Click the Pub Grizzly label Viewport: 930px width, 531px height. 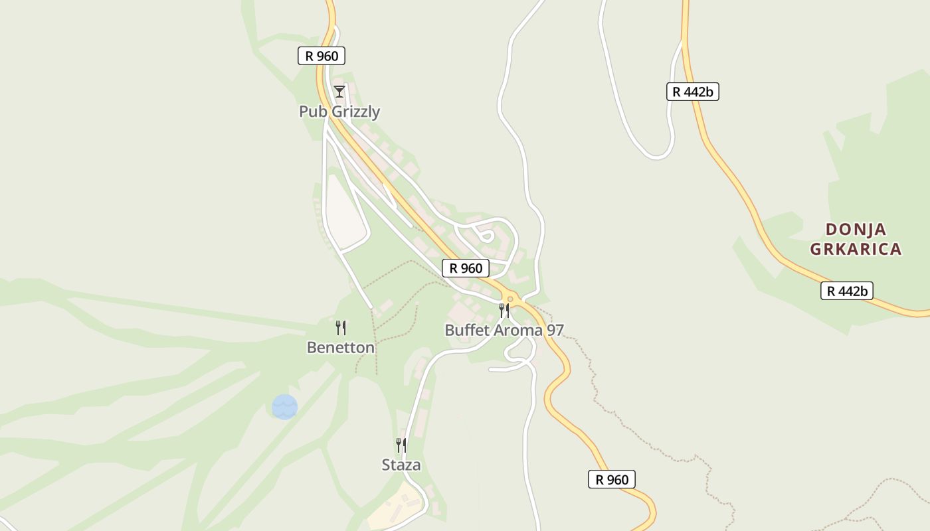coord(339,112)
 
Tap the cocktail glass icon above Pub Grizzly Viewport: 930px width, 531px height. coord(339,91)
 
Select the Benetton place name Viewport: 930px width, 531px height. coord(341,347)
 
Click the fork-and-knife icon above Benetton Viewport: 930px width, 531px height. coord(341,327)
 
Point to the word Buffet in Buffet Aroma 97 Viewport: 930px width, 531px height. coord(466,330)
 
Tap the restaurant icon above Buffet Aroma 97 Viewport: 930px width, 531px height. coord(504,310)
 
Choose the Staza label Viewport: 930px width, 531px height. coord(401,465)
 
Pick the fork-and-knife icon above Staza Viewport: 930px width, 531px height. coord(401,445)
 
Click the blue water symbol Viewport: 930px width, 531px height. coord(284,407)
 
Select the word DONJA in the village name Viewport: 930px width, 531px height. coord(856,230)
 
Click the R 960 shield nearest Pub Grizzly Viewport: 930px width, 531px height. coord(322,56)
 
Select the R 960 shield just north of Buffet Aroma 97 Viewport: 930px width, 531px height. coord(466,268)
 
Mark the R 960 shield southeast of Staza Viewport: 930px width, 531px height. coord(612,479)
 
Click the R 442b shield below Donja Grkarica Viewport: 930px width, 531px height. coord(846,291)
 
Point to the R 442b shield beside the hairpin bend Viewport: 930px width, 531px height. coord(693,92)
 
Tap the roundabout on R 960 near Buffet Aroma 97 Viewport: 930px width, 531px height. coord(510,299)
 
